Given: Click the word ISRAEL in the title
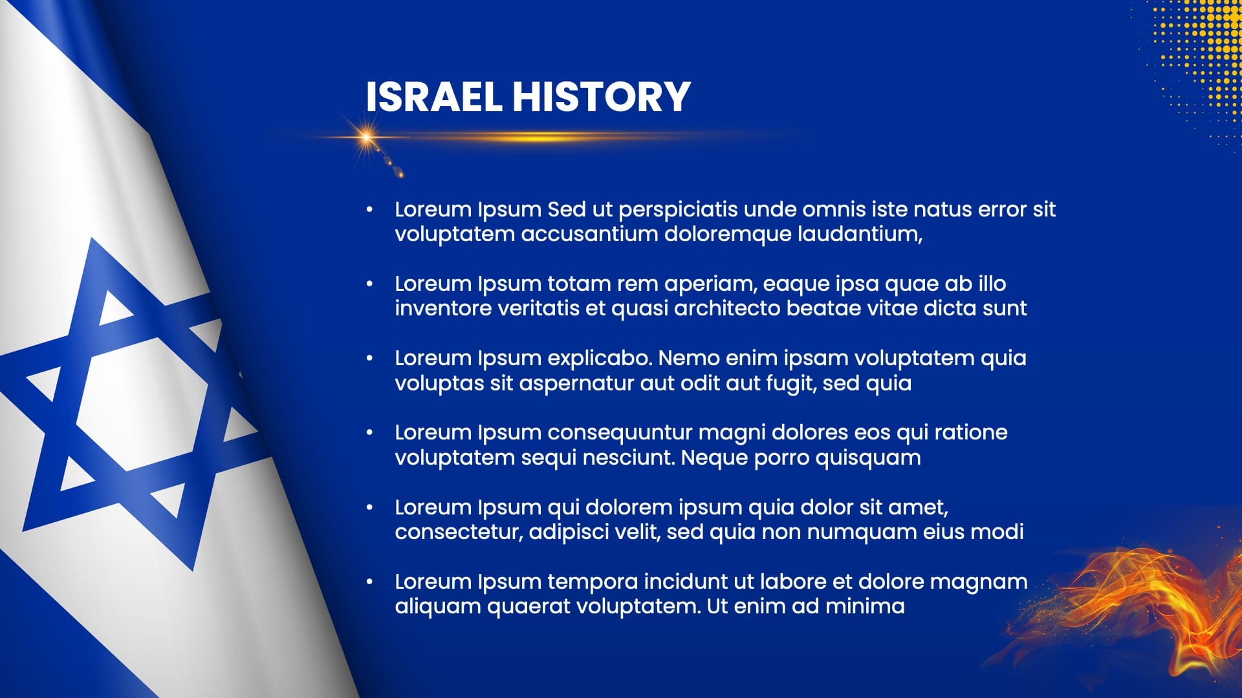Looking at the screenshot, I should (433, 97).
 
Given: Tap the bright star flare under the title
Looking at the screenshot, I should (367, 137).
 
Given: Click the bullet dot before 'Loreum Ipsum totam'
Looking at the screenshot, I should (369, 284).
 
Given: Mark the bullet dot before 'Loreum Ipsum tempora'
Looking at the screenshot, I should (369, 582).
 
